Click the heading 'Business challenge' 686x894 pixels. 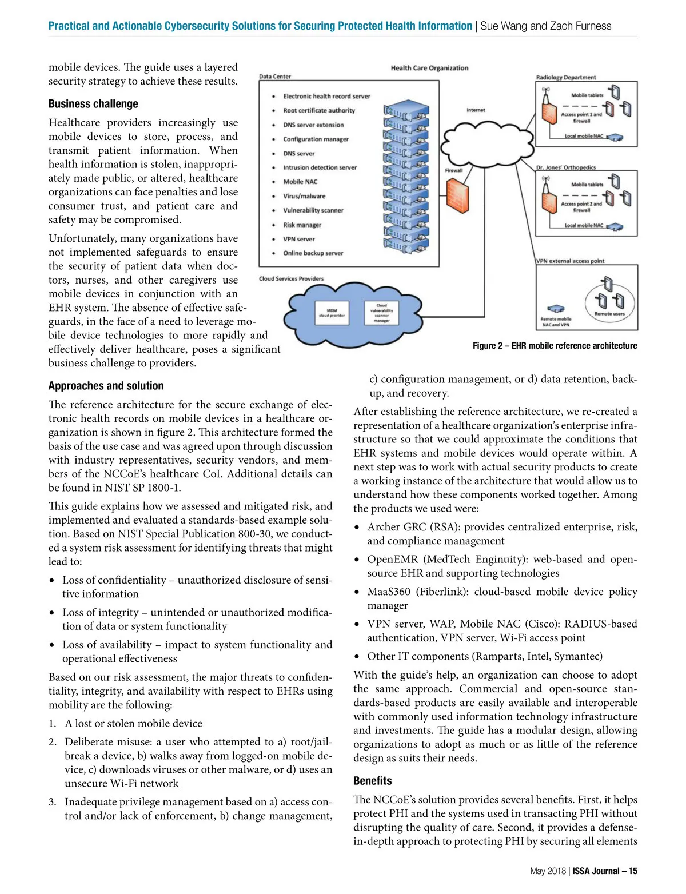(93, 104)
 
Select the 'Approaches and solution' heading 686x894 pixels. (106, 386)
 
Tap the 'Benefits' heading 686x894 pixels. (372, 781)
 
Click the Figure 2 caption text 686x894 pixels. (555, 346)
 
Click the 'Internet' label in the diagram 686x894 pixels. (476, 110)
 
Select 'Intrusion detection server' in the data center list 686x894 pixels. (320, 167)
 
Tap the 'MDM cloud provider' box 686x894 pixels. (332, 313)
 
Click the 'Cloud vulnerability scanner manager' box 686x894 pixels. (381, 313)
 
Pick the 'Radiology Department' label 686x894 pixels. (565, 77)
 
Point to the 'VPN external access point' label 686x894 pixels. (570, 261)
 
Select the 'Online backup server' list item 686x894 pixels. (313, 253)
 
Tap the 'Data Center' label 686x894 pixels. (275, 77)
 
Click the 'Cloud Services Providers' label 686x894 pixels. (291, 279)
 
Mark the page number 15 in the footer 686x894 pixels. (633, 871)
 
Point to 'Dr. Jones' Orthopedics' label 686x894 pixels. (565, 167)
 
